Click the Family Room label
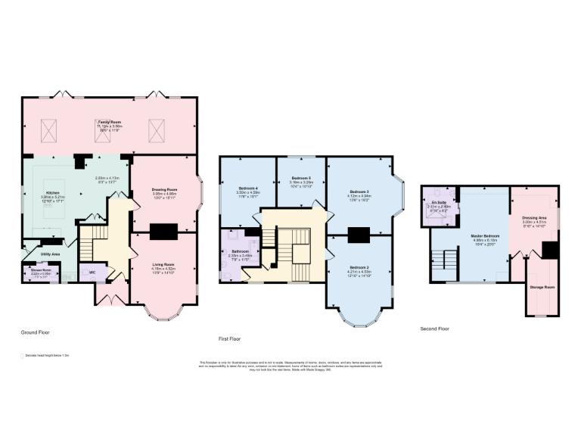pyautogui.click(x=110, y=121)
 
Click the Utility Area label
pyautogui.click(x=51, y=254)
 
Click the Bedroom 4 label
pyautogui.click(x=249, y=187)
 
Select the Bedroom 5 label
pyautogui.click(x=301, y=177)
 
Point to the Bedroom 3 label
pyautogui.click(x=359, y=191)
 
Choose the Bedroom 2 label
pyautogui.click(x=359, y=268)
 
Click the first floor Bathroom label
pyautogui.click(x=241, y=251)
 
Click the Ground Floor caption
pyautogui.click(x=36, y=332)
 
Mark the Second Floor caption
pyautogui.click(x=434, y=329)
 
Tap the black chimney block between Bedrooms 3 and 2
pyautogui.click(x=359, y=234)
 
